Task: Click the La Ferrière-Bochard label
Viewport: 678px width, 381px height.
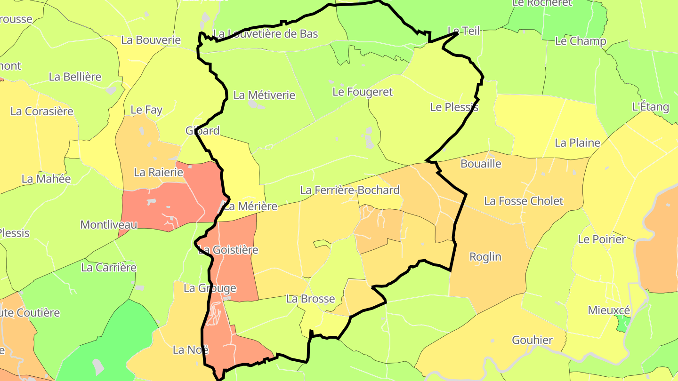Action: coord(350,190)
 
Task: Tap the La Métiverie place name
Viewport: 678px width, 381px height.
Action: coord(264,95)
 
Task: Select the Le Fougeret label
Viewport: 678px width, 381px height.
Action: coord(362,92)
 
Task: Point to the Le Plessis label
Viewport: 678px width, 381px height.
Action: coord(454,107)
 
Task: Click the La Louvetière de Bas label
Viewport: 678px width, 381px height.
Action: coord(266,34)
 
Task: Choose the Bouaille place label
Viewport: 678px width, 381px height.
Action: coord(481,164)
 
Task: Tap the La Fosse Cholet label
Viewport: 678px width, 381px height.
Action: coord(524,201)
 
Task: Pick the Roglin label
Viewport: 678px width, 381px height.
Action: coord(485,257)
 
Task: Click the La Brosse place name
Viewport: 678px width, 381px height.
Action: coord(310,299)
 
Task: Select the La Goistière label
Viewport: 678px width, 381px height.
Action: coord(228,250)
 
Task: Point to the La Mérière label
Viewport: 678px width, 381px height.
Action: coord(250,206)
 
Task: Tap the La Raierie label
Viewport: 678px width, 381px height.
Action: coord(158,172)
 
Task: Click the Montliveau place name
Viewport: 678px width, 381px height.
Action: coord(109,224)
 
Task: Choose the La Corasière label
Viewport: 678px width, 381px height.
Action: coord(42,111)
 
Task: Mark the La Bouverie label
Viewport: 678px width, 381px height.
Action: coord(151,40)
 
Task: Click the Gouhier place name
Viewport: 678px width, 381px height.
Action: coord(532,340)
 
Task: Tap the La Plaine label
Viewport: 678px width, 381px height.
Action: coord(577,143)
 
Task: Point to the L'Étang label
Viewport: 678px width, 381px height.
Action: coord(650,107)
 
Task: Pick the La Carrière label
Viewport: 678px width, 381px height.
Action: coord(109,268)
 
